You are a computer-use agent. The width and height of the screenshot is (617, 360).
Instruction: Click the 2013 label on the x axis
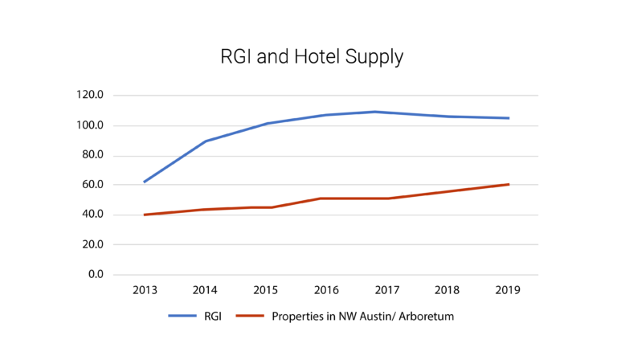(x=145, y=290)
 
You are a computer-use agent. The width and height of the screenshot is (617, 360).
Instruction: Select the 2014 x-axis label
(x=206, y=290)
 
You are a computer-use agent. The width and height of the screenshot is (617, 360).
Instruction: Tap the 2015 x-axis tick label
(x=266, y=290)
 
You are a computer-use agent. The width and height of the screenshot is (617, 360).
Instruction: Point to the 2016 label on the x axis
(x=327, y=290)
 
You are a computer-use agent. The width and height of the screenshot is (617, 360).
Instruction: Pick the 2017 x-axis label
(x=387, y=290)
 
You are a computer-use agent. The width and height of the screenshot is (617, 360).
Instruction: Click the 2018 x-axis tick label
(x=448, y=290)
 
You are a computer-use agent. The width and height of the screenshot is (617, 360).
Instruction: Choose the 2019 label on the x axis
(x=509, y=290)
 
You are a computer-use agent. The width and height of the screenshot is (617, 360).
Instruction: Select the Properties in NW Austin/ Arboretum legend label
(x=363, y=317)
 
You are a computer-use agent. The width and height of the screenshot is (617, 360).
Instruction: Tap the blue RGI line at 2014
(x=206, y=141)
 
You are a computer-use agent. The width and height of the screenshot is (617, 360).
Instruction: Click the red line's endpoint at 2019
(x=509, y=184)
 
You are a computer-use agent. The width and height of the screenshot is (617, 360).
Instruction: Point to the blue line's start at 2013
(x=145, y=182)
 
